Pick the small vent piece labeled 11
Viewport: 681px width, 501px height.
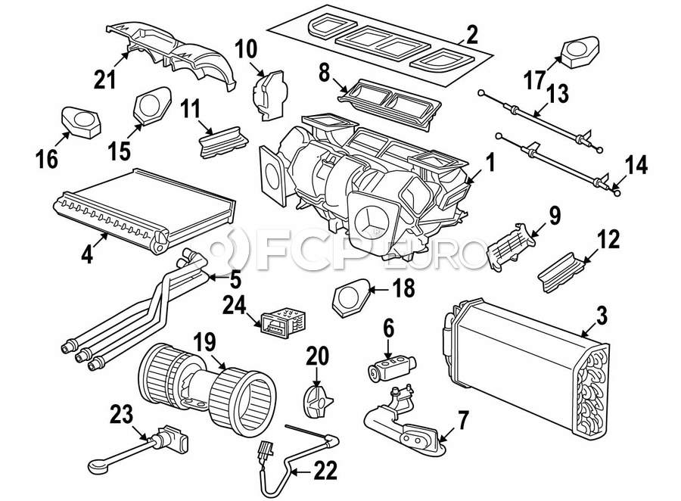pyautogui.click(x=221, y=144)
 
